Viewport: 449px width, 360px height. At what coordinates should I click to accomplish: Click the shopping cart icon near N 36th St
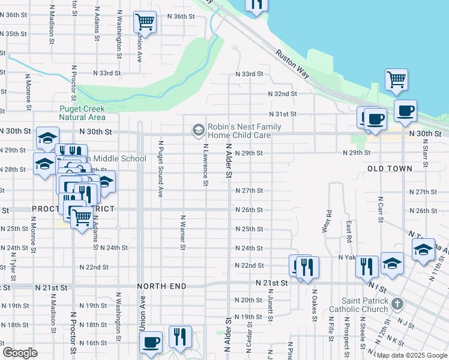(145, 22)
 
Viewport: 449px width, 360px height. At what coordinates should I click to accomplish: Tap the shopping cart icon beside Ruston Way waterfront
(396, 79)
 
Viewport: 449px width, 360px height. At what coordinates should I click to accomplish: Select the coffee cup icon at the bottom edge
(150, 342)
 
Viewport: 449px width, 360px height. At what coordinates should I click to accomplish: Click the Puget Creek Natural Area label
(82, 113)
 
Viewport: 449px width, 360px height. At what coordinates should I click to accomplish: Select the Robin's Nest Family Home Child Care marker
(197, 130)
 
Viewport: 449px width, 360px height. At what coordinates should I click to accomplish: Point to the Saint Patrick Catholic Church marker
(396, 304)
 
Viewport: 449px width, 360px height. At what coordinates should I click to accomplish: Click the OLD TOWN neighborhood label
(390, 169)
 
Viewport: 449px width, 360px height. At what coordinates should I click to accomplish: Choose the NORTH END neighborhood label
(161, 287)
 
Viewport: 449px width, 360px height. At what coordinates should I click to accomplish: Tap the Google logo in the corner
(20, 353)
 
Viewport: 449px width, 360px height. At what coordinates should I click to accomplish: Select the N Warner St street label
(182, 231)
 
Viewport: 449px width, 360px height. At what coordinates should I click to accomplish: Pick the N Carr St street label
(380, 208)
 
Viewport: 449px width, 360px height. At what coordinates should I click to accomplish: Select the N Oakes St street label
(314, 305)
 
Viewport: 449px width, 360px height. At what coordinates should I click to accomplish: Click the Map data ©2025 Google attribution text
(412, 355)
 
